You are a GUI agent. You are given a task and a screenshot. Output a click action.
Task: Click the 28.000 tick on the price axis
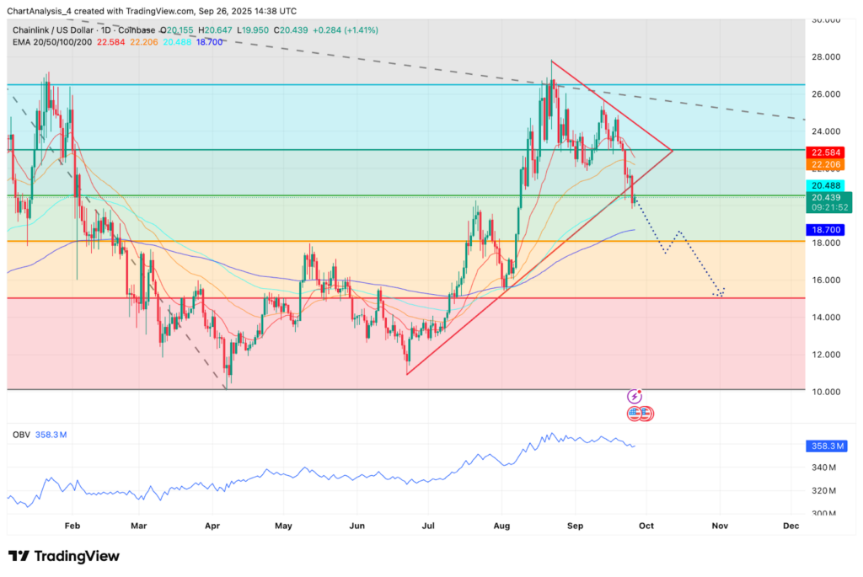[826, 56]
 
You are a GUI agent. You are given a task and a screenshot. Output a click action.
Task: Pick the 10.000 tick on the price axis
[826, 392]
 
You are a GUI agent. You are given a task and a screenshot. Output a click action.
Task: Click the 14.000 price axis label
[826, 318]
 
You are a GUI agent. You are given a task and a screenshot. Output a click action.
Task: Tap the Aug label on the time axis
[502, 525]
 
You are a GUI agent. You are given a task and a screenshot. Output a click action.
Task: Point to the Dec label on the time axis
[791, 525]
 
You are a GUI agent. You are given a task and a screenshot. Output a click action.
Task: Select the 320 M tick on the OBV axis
[825, 490]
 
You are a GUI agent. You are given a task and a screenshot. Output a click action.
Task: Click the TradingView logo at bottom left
[64, 556]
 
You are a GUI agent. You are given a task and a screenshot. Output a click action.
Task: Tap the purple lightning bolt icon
[635, 396]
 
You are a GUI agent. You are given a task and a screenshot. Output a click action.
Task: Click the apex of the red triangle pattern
[672, 150]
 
